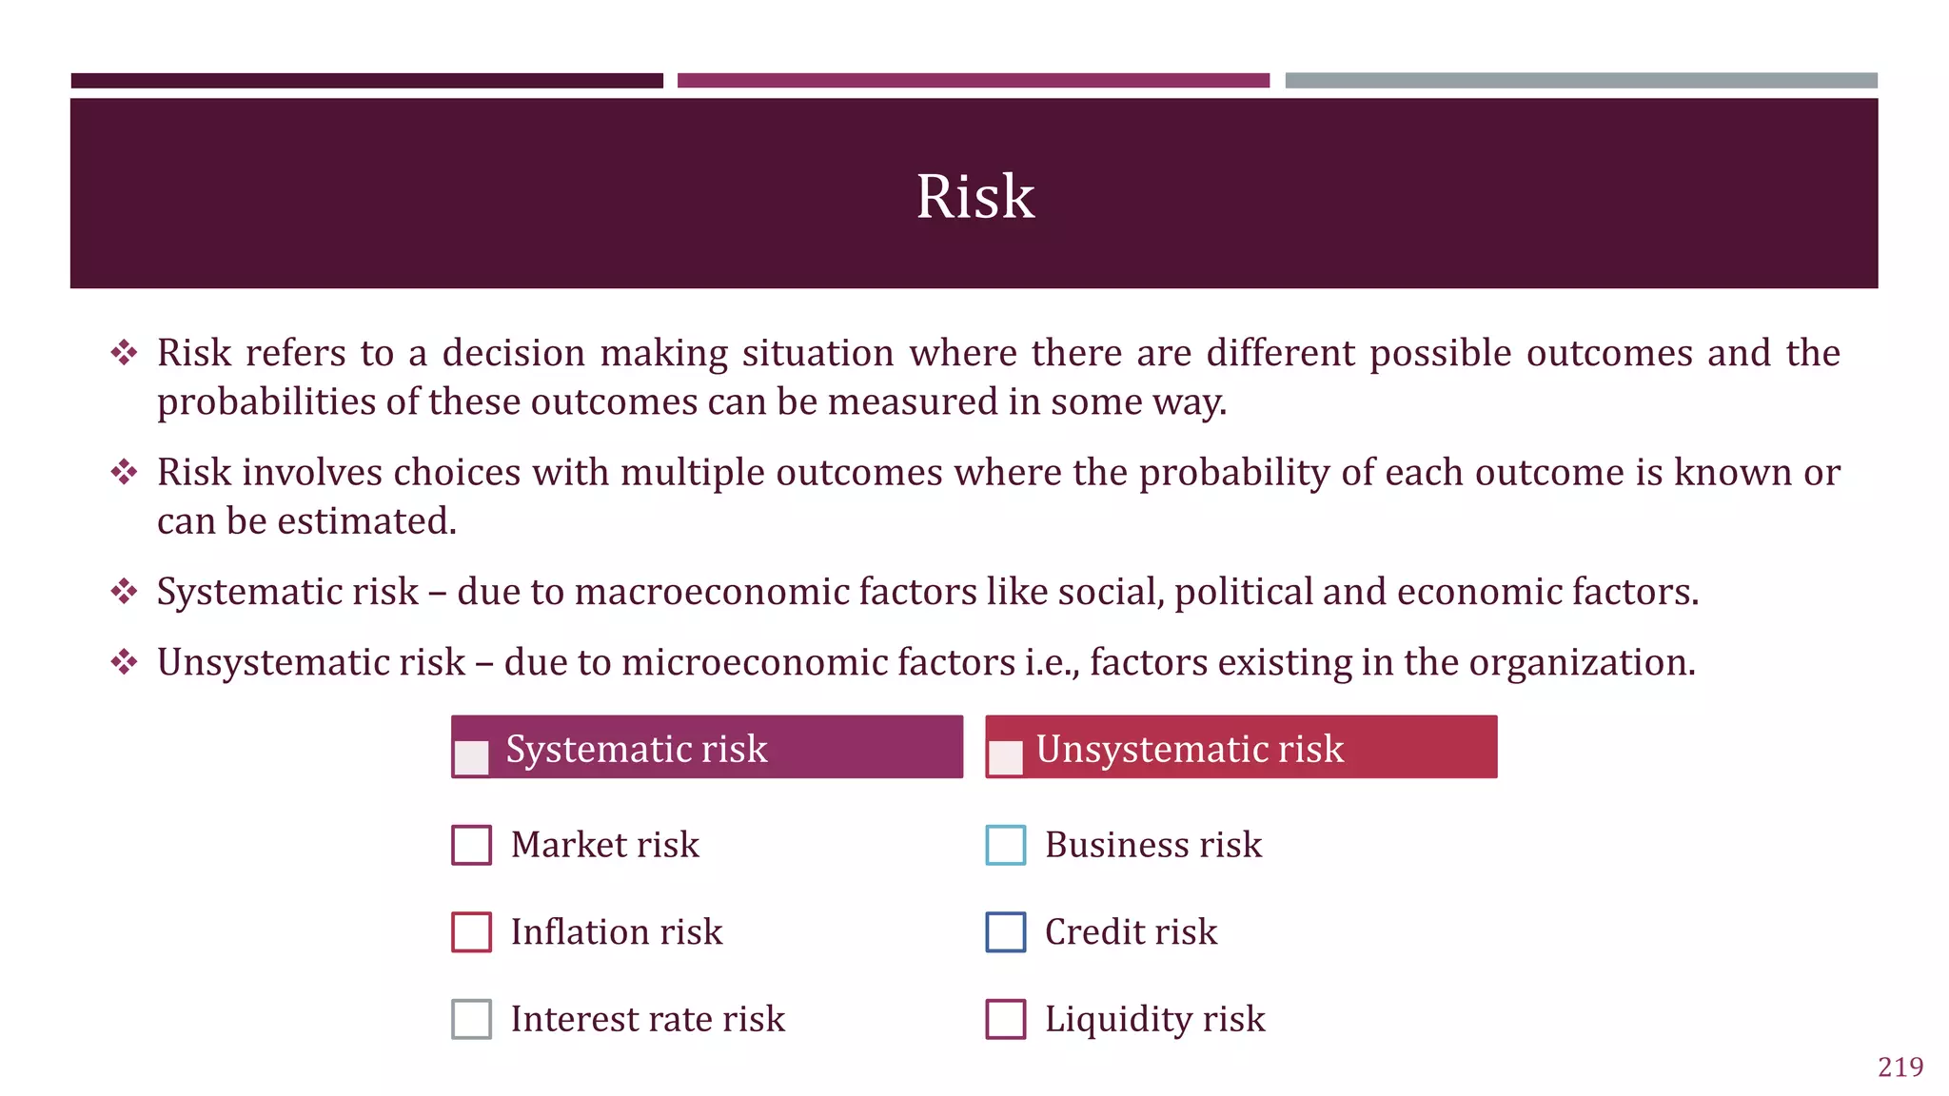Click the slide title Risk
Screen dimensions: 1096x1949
pyautogui.click(x=974, y=197)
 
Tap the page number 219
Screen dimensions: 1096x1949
pyautogui.click(x=1900, y=1067)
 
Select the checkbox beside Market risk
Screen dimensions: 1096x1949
pyautogui.click(x=471, y=845)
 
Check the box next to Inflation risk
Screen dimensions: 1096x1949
pyautogui.click(x=471, y=932)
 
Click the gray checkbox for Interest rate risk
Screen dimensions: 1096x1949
pyautogui.click(x=471, y=1019)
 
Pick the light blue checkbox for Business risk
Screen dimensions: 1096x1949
pyautogui.click(x=1006, y=845)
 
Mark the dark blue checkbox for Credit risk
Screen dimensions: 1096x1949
pyautogui.click(x=1006, y=932)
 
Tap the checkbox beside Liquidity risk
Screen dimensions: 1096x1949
pyautogui.click(x=1006, y=1019)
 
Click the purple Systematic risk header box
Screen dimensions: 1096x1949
pyautogui.click(x=707, y=747)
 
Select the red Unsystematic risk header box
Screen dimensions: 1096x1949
pyautogui.click(x=1241, y=747)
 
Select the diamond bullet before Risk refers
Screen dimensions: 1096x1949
pyautogui.click(x=124, y=353)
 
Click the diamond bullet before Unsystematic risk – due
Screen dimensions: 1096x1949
pyautogui.click(x=124, y=661)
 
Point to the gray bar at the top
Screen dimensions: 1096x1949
pyautogui.click(x=1581, y=81)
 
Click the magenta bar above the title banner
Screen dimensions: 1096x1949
pyautogui.click(x=973, y=81)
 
